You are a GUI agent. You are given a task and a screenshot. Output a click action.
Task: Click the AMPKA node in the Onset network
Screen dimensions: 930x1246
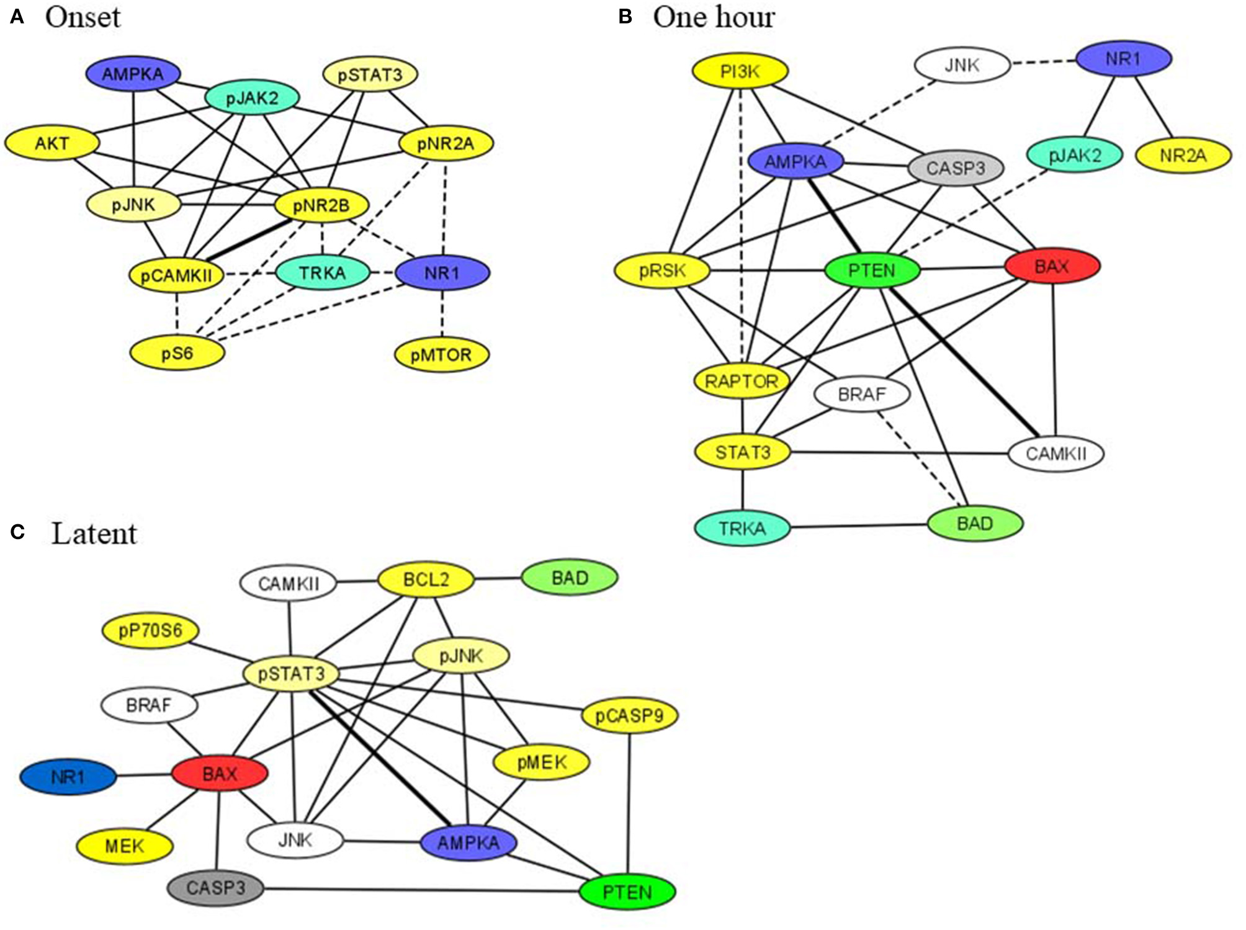pyautogui.click(x=133, y=74)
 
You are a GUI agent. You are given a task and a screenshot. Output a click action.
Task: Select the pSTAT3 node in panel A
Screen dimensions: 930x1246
pyautogui.click(x=370, y=74)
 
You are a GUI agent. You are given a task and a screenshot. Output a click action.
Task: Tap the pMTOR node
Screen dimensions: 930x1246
pyautogui.click(x=441, y=355)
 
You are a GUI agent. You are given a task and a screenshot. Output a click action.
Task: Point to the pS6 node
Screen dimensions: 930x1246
pyautogui.click(x=177, y=354)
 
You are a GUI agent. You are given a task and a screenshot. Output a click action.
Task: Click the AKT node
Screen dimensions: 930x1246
pyautogui.click(x=52, y=143)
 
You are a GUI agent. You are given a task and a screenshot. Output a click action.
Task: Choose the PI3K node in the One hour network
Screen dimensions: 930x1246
pyautogui.click(x=740, y=71)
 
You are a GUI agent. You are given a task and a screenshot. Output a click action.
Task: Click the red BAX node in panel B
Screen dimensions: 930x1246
pyautogui.click(x=1052, y=266)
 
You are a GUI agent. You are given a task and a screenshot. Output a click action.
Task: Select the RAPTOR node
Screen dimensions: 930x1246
pyautogui.click(x=742, y=381)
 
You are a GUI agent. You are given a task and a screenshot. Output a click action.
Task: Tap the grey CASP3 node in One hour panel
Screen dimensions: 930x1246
pyautogui.click(x=955, y=168)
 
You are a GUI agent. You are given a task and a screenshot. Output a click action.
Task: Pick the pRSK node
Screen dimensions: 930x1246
pyautogui.click(x=662, y=271)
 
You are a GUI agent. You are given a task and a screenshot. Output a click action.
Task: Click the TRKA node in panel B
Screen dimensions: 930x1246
pyautogui.click(x=742, y=529)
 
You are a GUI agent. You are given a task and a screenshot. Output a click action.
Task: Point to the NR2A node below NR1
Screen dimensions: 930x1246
pyautogui.click(x=1183, y=155)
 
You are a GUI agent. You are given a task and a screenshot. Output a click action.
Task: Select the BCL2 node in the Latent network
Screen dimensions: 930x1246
pyautogui.click(x=426, y=579)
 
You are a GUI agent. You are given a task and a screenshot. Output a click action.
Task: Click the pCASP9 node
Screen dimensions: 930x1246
pyautogui.click(x=629, y=716)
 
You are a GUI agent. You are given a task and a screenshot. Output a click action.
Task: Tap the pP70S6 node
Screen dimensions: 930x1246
pyautogui.click(x=150, y=631)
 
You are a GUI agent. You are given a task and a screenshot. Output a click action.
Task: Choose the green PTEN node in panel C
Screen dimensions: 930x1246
pyautogui.click(x=627, y=892)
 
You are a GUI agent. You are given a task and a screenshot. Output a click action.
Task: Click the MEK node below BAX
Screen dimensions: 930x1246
pyautogui.click(x=124, y=846)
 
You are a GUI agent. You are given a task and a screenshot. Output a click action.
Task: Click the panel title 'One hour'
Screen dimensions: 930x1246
pyautogui.click(x=714, y=17)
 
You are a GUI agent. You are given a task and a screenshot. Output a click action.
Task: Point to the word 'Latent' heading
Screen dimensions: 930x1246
pyautogui.click(x=94, y=534)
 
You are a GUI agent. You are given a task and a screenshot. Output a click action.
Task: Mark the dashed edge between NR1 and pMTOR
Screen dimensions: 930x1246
pyautogui.click(x=442, y=314)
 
